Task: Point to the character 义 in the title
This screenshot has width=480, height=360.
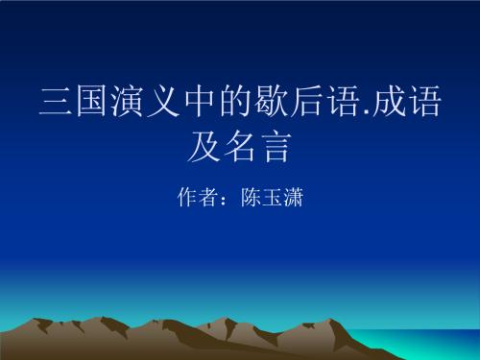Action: pos(155,103)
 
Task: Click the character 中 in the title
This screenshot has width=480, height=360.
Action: pos(188,103)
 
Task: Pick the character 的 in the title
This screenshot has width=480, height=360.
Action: pos(222,103)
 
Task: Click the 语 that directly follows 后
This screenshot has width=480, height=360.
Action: pos(323,103)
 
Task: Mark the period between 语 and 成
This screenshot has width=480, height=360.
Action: pos(347,113)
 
